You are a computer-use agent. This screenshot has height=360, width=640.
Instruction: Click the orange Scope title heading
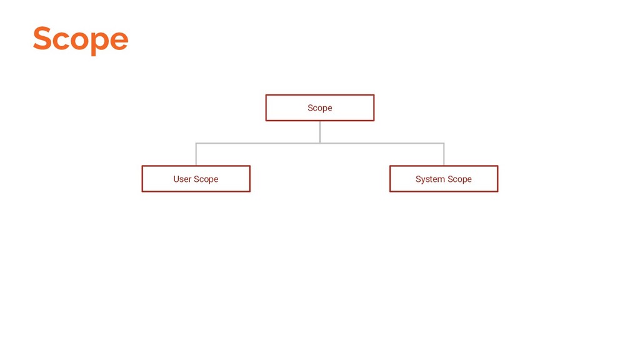[x=80, y=39]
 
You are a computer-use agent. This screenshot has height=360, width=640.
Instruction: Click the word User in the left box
[x=182, y=179]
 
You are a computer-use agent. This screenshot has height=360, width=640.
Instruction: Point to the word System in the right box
[x=430, y=179]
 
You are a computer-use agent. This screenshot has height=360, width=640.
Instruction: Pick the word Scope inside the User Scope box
[x=206, y=179]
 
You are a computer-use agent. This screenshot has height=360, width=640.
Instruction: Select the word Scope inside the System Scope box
[x=459, y=179]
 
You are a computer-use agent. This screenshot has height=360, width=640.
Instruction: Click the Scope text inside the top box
[x=319, y=108]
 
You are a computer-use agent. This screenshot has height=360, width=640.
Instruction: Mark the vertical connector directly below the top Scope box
[x=319, y=131]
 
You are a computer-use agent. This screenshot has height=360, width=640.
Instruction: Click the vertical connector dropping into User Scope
[x=196, y=155]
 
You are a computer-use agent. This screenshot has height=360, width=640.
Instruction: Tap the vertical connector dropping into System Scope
[x=444, y=155]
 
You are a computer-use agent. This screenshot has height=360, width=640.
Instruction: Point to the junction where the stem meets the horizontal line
[x=319, y=143]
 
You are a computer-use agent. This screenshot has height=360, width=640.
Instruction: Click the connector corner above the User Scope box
[x=196, y=143]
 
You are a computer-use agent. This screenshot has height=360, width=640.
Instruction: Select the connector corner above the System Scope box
[x=444, y=143]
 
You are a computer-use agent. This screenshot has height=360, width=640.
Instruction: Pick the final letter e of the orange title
[x=119, y=41]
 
